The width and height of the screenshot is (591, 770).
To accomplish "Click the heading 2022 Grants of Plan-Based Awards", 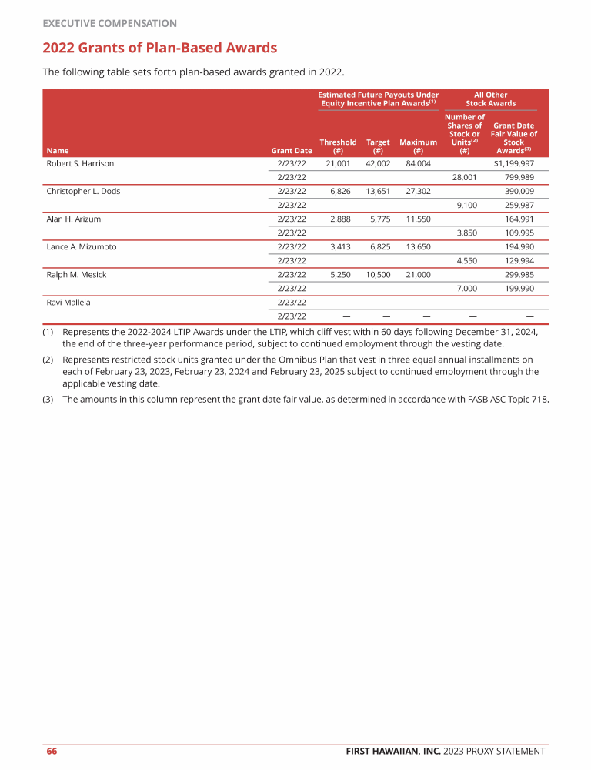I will tap(159, 49).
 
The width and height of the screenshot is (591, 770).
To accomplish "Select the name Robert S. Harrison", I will tap(80, 163).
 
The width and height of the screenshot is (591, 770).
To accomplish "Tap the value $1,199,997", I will tap(513, 163).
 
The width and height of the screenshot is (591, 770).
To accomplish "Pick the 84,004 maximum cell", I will tap(418, 163).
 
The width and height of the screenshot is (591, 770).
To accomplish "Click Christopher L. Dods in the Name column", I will tap(83, 191).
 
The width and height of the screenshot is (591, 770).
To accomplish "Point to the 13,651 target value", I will tap(377, 191).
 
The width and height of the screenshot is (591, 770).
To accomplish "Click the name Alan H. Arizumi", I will tap(75, 219).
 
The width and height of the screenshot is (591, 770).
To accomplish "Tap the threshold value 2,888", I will tap(339, 219).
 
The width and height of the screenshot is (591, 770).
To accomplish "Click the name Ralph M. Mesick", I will tap(78, 274).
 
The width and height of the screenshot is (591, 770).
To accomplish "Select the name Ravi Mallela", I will tap(68, 302).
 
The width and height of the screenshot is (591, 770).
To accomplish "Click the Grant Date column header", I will tap(292, 151).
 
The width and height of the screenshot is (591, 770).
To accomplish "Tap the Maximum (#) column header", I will tap(418, 146).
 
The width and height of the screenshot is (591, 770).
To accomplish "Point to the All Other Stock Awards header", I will tap(490, 99).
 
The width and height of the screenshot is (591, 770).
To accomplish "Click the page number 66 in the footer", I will tap(52, 752).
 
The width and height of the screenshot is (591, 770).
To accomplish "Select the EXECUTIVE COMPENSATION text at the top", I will tap(109, 24).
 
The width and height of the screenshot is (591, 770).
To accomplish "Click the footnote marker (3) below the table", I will tap(48, 399).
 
